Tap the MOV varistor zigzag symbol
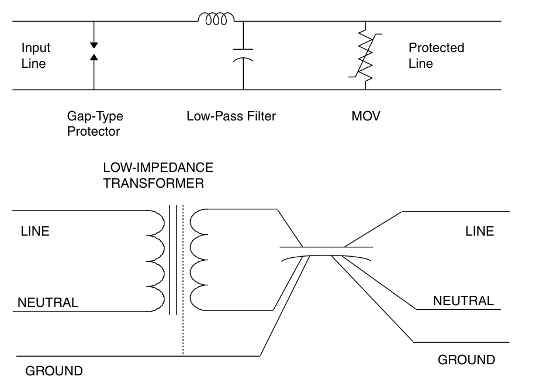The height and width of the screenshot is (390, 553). tap(367, 56)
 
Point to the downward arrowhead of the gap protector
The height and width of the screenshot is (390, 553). tap(94, 45)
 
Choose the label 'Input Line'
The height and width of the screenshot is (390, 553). tap(36, 56)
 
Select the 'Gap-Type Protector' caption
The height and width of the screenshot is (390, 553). tap(95, 123)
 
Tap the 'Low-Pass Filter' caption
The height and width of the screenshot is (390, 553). tap(231, 116)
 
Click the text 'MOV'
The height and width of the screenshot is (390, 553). tap(369, 116)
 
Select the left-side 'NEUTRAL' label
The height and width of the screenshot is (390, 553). tap(47, 303)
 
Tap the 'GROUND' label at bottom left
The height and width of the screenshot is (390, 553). tap(54, 371)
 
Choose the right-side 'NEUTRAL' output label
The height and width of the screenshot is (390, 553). tap(463, 301)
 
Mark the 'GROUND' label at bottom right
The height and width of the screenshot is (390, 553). tap(466, 360)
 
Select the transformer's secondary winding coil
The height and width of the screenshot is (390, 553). tap(199, 261)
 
